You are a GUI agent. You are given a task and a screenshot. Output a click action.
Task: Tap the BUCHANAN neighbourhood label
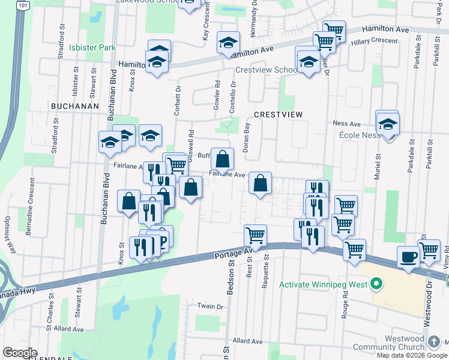[74, 105]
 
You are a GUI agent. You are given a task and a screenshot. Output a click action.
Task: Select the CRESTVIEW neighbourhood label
[277, 114]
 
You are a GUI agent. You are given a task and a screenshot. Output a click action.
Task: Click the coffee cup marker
[408, 257]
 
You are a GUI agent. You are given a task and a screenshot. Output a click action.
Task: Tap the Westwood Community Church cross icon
[434, 342]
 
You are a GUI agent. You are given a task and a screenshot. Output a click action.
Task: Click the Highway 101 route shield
[22, 5]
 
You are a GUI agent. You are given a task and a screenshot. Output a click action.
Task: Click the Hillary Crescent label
[375, 41]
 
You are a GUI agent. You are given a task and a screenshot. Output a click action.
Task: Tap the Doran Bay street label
[246, 137]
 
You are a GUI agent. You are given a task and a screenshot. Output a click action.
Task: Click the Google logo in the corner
[19, 353]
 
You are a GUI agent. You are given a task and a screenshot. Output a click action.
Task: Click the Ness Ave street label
[346, 124]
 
